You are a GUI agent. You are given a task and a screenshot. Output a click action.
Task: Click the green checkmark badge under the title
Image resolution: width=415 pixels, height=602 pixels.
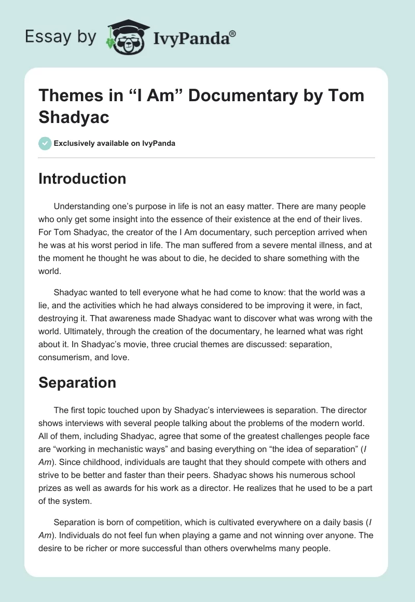pyautogui.click(x=45, y=143)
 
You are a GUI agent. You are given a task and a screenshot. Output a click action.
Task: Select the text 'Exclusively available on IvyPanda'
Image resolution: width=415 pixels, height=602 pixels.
pyautogui.click(x=115, y=143)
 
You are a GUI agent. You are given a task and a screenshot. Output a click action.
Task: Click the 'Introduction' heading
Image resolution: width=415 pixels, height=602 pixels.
pyautogui.click(x=82, y=179)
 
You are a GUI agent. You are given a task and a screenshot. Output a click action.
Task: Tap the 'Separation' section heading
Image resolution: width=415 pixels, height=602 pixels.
pyautogui.click(x=77, y=382)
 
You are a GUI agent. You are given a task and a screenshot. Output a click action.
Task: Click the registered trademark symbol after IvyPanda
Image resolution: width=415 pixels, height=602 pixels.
pyautogui.click(x=232, y=34)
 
